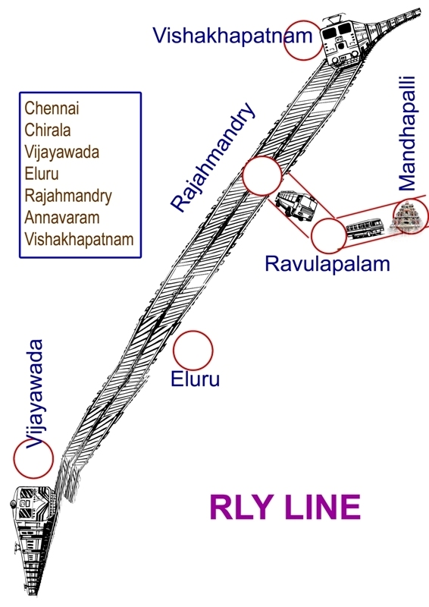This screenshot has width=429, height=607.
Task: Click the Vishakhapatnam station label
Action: point(233,36)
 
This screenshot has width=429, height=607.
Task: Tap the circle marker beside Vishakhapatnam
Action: point(303,42)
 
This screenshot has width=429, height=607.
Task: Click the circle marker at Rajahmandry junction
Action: point(262,176)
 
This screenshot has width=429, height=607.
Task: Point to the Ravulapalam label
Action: point(327,264)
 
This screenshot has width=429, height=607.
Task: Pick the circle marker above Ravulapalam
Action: point(330,234)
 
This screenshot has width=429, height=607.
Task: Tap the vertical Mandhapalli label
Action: point(407,133)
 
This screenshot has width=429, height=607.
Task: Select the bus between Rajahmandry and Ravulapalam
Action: point(296,205)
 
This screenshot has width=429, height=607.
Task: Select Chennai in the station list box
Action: point(52,108)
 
